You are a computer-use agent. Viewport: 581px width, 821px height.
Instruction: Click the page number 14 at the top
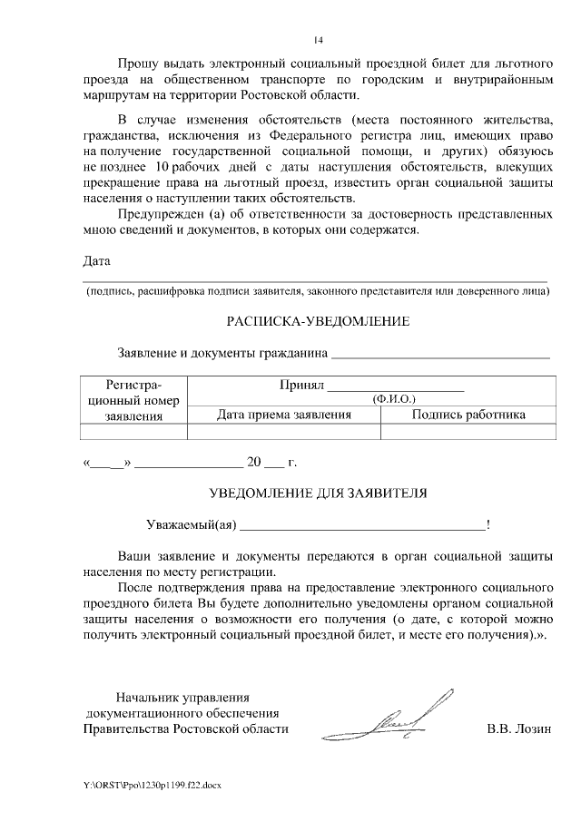(318, 40)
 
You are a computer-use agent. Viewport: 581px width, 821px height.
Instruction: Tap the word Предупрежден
(159, 215)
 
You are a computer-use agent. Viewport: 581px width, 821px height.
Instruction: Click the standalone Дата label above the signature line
(96, 261)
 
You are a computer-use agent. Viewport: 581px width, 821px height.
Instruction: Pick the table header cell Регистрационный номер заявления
(133, 400)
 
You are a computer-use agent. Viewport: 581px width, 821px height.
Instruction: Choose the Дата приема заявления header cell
(283, 415)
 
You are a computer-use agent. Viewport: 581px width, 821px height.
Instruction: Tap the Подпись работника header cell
(468, 415)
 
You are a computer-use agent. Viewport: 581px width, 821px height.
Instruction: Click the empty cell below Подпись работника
(468, 432)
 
